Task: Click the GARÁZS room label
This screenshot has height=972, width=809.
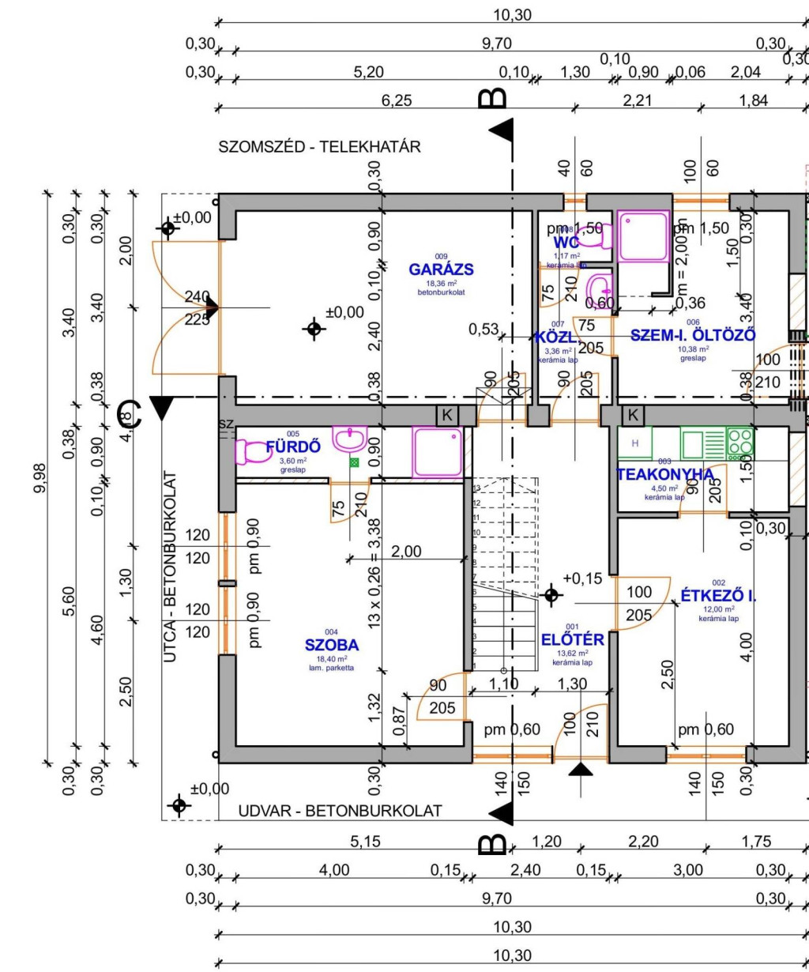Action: pyautogui.click(x=441, y=269)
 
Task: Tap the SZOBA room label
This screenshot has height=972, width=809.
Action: pyautogui.click(x=332, y=644)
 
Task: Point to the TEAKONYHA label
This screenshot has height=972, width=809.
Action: pyautogui.click(x=664, y=474)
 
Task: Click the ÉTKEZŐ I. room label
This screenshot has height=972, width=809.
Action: pyautogui.click(x=718, y=596)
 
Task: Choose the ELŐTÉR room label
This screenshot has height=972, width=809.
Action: pyautogui.click(x=573, y=639)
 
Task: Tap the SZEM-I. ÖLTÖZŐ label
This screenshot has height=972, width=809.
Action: pyautogui.click(x=693, y=335)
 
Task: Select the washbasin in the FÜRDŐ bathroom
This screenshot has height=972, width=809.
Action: pyautogui.click(x=348, y=439)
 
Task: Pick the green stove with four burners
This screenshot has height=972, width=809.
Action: pyautogui.click(x=740, y=443)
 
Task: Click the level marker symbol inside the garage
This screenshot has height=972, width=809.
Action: pyautogui.click(x=314, y=328)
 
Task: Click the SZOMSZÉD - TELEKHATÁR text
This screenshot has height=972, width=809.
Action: pyautogui.click(x=320, y=147)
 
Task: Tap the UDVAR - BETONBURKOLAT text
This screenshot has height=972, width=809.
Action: pyautogui.click(x=341, y=811)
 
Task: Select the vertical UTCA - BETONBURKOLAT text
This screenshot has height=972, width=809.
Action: pyautogui.click(x=170, y=567)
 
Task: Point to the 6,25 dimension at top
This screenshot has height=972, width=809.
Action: pyautogui.click(x=369, y=100)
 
